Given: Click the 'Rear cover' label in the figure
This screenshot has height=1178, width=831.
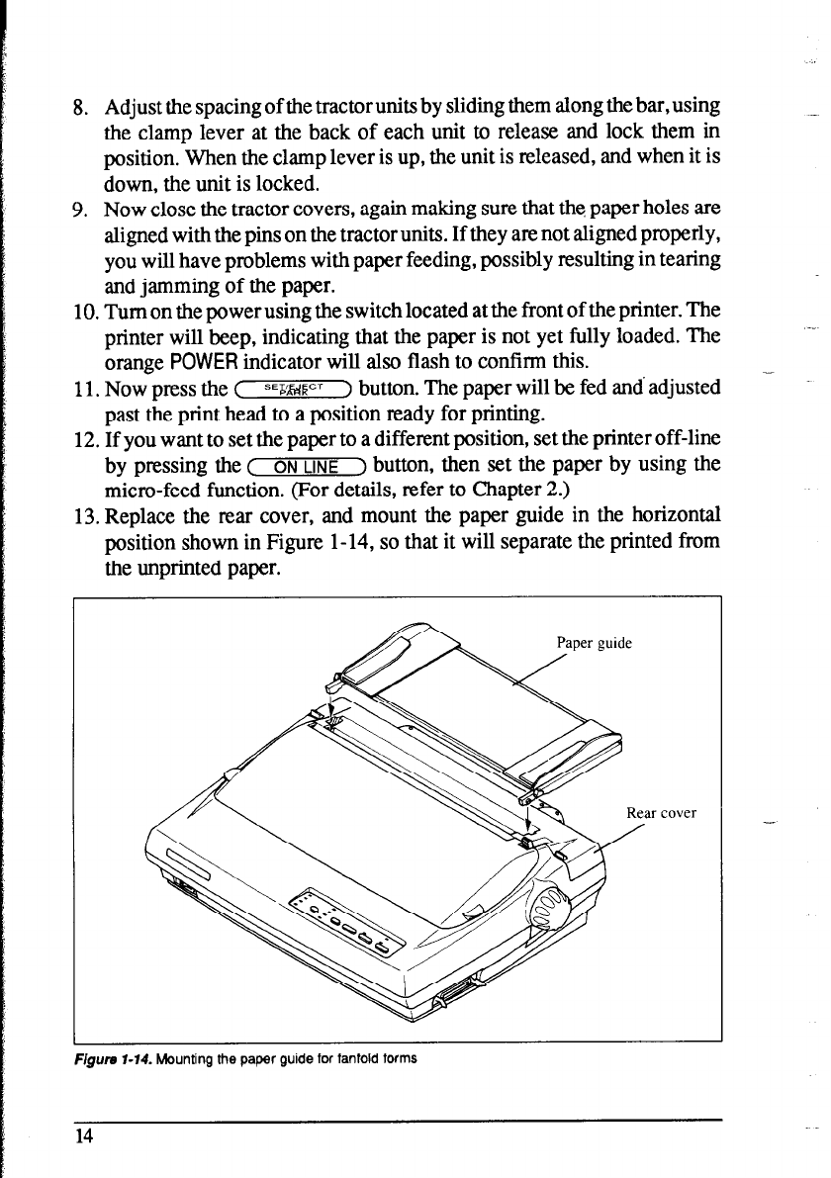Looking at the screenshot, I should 662,814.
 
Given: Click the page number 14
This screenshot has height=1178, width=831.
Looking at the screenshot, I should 83,1136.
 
